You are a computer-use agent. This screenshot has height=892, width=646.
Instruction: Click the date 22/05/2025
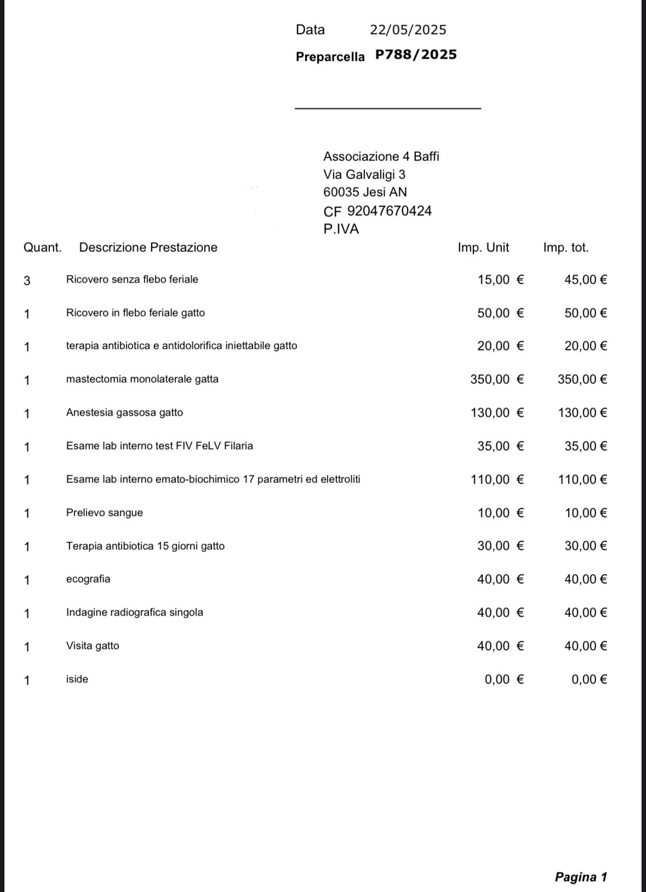point(408,30)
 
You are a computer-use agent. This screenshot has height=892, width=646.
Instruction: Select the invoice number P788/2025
point(416,55)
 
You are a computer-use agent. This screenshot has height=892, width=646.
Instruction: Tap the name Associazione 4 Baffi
point(381,157)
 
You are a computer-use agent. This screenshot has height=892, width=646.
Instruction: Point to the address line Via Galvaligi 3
point(364,175)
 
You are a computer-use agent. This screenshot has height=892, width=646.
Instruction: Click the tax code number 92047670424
point(390,211)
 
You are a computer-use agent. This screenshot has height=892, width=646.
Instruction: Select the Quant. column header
point(42,248)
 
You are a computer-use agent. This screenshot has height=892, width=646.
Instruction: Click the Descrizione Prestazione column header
point(148,248)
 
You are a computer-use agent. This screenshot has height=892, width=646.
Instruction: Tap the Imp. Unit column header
point(483,248)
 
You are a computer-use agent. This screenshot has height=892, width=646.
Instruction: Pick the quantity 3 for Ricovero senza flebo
point(27,280)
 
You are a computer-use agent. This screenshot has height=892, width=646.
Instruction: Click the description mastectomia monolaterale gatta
point(142,379)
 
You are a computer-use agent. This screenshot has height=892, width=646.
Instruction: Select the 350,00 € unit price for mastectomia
point(496,379)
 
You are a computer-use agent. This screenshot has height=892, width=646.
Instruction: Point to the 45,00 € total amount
point(585,280)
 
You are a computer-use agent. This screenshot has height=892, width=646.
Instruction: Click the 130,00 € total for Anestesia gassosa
point(582,413)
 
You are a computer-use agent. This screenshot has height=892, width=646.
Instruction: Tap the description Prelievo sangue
point(104,513)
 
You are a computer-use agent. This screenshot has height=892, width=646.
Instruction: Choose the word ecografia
point(88,579)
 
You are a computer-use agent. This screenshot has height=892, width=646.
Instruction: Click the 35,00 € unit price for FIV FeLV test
point(500,446)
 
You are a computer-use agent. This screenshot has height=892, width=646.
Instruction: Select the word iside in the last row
point(77,679)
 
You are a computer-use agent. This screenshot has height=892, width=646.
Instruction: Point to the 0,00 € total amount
point(588,680)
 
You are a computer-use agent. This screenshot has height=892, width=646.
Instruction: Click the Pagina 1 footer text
point(581,877)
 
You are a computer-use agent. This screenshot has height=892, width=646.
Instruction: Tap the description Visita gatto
point(92,646)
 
